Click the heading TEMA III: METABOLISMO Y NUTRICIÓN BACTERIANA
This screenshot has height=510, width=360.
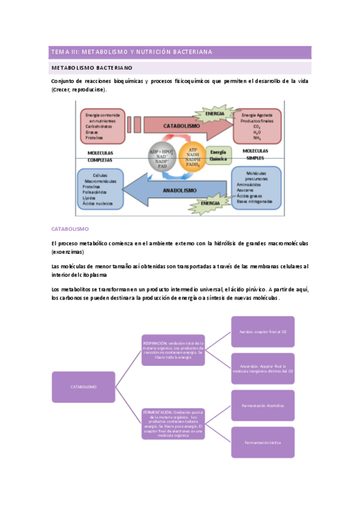click(132, 52)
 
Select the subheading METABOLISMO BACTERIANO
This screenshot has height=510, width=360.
click(92, 68)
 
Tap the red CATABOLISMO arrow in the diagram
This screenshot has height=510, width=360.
click(180, 126)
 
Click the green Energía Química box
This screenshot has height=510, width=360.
click(218, 156)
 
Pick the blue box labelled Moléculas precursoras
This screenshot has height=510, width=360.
click(256, 184)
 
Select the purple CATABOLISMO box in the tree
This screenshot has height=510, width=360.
click(83, 387)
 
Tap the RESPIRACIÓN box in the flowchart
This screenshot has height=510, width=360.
click(173, 350)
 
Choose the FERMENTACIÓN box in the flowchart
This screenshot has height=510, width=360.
click(173, 424)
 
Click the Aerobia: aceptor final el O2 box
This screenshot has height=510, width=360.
click(263, 332)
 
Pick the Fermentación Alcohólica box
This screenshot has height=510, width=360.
click(263, 405)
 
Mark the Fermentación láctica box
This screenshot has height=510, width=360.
click(263, 442)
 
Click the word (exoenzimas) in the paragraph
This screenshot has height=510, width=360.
click(67, 251)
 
